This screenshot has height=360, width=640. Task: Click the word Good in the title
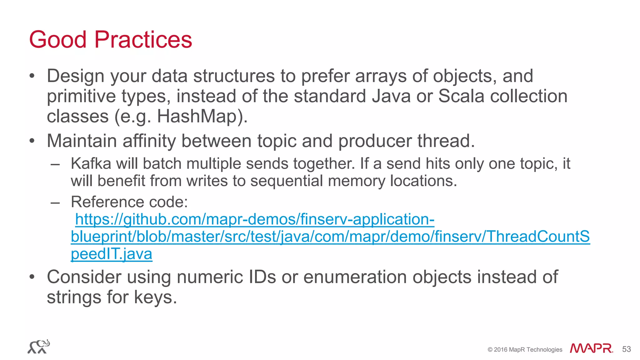point(57,40)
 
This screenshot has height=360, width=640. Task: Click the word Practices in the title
point(143,40)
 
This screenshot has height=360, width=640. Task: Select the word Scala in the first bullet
point(461,96)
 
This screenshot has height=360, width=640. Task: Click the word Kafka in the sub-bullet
point(91,163)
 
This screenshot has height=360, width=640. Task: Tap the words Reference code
point(129,202)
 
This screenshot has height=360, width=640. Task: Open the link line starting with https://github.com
point(255,219)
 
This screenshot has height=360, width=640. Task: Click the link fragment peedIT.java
point(112,254)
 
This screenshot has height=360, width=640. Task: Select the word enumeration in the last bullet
point(355,277)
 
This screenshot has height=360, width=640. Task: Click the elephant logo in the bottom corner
point(39,347)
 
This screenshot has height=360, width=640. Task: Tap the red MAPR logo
point(591,348)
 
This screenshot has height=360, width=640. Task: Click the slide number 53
point(627,349)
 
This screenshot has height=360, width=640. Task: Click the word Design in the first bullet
point(75,76)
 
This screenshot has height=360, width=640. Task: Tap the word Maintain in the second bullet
point(82,141)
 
